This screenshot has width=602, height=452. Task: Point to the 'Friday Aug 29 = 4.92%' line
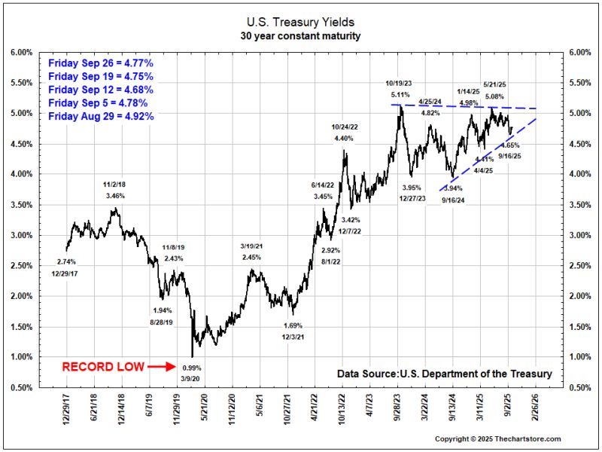click(100, 116)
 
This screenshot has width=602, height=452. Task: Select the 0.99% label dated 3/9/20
click(192, 367)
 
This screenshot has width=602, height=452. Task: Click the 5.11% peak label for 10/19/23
click(400, 96)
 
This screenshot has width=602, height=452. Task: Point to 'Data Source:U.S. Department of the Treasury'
click(444, 374)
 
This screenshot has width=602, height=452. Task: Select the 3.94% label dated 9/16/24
click(452, 188)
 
